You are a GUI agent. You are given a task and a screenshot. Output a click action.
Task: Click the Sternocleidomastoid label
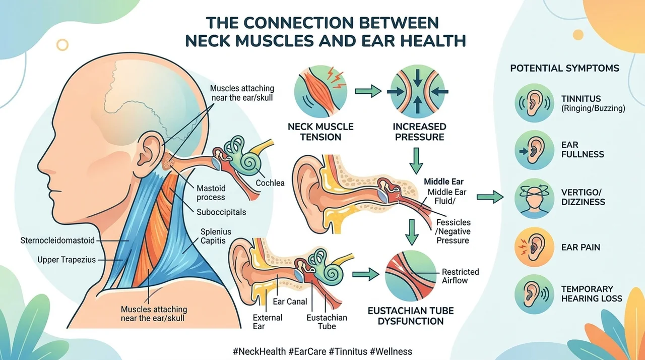pyautogui.click(x=57, y=241)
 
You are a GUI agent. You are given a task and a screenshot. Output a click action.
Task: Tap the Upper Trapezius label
pyautogui.click(x=67, y=260)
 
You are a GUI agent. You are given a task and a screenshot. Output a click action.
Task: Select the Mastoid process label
pyautogui.click(x=211, y=193)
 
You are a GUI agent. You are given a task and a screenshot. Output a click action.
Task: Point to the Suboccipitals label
pyautogui.click(x=221, y=212)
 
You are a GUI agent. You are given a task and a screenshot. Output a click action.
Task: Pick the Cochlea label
pyautogui.click(x=270, y=183)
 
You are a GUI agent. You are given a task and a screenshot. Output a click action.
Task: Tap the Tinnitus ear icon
pyautogui.click(x=534, y=103)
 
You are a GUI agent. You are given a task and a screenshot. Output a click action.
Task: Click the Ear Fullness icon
pyautogui.click(x=534, y=150)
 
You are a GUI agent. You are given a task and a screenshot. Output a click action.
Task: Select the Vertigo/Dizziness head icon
pyautogui.click(x=534, y=198)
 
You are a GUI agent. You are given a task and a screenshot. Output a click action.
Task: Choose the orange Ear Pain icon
pyautogui.click(x=534, y=247)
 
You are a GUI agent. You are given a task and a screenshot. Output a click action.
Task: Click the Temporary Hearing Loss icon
pyautogui.click(x=534, y=294)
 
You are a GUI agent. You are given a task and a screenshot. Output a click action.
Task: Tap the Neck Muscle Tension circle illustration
pyautogui.click(x=320, y=91)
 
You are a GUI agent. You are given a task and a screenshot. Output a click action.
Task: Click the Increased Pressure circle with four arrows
pyautogui.click(x=418, y=91)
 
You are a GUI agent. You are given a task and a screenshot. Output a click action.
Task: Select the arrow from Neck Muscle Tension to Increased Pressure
pyautogui.click(x=368, y=91)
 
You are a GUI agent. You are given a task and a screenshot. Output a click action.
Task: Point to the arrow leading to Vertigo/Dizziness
pyautogui.click(x=490, y=197)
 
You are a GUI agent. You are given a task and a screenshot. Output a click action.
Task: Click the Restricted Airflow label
pyautogui.click(x=460, y=276)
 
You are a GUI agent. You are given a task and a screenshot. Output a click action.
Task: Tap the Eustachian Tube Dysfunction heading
pyautogui.click(x=411, y=316)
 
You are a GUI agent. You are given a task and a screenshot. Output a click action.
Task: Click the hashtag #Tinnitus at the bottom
pyautogui.click(x=348, y=351)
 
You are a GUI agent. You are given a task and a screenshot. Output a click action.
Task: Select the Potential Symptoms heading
pyautogui.click(x=564, y=68)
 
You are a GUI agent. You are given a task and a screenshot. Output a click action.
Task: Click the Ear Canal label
pyautogui.click(x=290, y=302)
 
